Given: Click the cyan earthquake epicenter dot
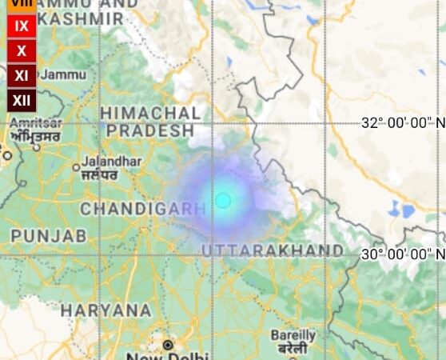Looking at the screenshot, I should click(x=223, y=199).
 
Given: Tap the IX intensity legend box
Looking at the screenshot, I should click(x=22, y=26).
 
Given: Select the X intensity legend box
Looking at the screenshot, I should click(x=22, y=51).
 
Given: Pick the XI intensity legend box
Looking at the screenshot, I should click(x=22, y=76).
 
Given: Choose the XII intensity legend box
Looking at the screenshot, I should click(x=22, y=101).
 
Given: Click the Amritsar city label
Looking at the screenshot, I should click(x=35, y=123).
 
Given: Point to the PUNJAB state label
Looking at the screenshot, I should click(x=48, y=236).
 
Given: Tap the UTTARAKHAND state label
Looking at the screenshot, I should click(x=273, y=251).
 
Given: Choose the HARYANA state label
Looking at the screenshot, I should click(x=106, y=310).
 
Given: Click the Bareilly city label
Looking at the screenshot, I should click(x=293, y=335).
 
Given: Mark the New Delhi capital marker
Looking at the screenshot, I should click(x=168, y=345).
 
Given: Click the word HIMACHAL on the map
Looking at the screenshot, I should click(x=150, y=113).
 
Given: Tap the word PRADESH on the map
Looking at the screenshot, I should click(x=150, y=130).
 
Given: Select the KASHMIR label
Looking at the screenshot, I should click(x=80, y=18).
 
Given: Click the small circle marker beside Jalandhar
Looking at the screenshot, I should click(x=76, y=168).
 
